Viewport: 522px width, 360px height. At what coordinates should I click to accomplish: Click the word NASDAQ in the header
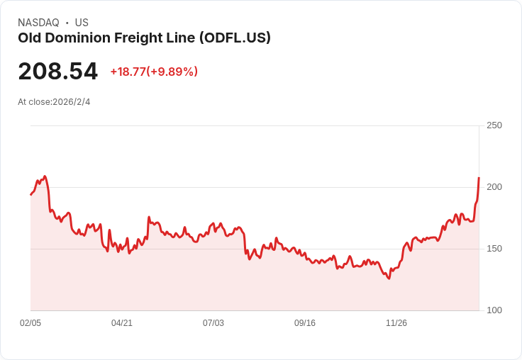38,23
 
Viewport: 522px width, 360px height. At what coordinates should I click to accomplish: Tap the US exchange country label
82,23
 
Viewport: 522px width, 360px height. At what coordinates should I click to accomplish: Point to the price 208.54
57,72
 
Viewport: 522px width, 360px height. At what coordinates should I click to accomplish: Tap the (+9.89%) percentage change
172,72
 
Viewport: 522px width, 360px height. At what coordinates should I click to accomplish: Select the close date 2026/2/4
72,102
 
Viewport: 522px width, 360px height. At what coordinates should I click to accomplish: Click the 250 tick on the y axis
494,125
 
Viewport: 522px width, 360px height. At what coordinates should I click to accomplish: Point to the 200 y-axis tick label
494,187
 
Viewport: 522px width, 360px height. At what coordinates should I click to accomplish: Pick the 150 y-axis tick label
494,249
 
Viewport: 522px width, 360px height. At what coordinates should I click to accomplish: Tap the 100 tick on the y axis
494,310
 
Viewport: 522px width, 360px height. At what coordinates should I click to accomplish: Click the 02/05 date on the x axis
30,323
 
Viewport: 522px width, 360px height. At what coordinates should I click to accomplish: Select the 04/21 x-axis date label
122,323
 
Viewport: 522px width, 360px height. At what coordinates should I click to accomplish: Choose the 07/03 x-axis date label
213,323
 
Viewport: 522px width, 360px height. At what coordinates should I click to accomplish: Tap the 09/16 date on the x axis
305,323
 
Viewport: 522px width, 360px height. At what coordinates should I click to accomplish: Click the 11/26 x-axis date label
396,323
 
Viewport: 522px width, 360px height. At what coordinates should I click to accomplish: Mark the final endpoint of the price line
479,178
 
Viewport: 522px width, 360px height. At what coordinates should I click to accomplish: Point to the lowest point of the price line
389,279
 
